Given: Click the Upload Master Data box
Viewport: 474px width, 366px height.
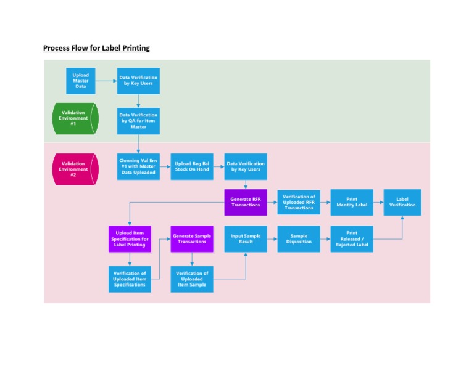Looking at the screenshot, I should pos(81,81).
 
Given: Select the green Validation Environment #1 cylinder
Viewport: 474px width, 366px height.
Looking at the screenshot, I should pos(75,119).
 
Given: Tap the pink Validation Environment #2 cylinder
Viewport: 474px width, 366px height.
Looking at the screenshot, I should pos(75,169).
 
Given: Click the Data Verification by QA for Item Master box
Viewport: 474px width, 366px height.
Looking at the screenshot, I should pos(138,121).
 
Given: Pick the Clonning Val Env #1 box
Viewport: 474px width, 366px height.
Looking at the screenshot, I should pos(138,166).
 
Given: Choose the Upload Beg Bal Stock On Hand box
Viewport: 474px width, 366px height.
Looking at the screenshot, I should pos(192,166).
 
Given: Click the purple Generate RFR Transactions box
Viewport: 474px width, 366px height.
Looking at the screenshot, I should pos(246,202).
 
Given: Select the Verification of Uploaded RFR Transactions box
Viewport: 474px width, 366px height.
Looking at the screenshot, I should pos(299,202).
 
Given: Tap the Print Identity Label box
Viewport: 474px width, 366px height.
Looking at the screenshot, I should pos(352,202).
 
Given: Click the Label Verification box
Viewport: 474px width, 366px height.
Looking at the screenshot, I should pos(402,202).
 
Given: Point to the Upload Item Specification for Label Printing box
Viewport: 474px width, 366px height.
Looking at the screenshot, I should pos(130,239).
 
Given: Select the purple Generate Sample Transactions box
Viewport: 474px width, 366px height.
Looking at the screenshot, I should pos(192,239).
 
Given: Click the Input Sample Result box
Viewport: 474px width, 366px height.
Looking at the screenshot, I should pos(246,239).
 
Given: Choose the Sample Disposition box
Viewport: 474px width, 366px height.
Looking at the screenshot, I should pos(299,239).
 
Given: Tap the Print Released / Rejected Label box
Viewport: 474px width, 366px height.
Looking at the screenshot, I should pos(352,239).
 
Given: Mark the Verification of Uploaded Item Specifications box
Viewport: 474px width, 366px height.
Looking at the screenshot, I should pos(130,279).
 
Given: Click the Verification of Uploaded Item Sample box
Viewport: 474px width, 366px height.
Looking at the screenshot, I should pos(192,279).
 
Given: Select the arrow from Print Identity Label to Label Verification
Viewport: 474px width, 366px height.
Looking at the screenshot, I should pos(378,202).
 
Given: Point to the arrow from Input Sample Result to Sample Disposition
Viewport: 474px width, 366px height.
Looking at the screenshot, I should pos(272,239).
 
